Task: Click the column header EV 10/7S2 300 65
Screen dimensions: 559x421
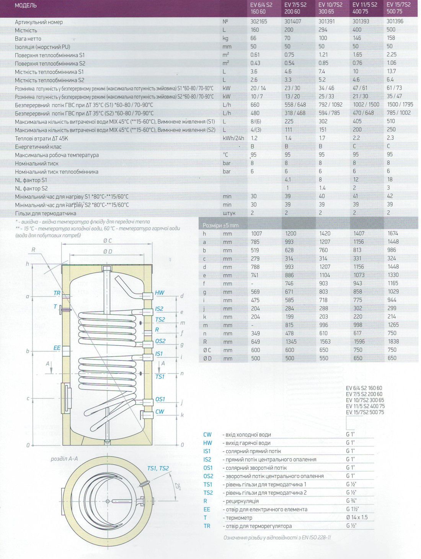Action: [x=330, y=8]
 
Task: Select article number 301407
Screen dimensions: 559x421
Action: [x=292, y=21]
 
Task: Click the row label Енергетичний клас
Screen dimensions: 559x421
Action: [x=38, y=147]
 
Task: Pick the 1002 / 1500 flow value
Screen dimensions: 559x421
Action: [x=366, y=105]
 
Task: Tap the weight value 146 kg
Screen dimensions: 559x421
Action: [x=357, y=38]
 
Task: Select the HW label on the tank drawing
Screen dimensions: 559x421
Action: [x=160, y=293]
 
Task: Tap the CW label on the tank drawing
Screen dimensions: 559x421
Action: [x=160, y=412]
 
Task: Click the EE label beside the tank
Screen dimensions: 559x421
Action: [x=57, y=348]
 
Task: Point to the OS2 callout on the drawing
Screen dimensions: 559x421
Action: [x=160, y=341]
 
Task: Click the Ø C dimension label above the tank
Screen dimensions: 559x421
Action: [x=108, y=241]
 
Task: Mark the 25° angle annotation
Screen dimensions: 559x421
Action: [x=177, y=487]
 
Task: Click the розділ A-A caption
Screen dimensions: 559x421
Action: [x=64, y=459]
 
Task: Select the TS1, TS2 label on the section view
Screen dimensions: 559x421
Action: [x=158, y=468]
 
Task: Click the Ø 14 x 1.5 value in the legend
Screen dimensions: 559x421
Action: [x=356, y=517]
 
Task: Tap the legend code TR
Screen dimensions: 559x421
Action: [x=207, y=526]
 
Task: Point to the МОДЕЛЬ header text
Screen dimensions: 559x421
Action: [x=26, y=5]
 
